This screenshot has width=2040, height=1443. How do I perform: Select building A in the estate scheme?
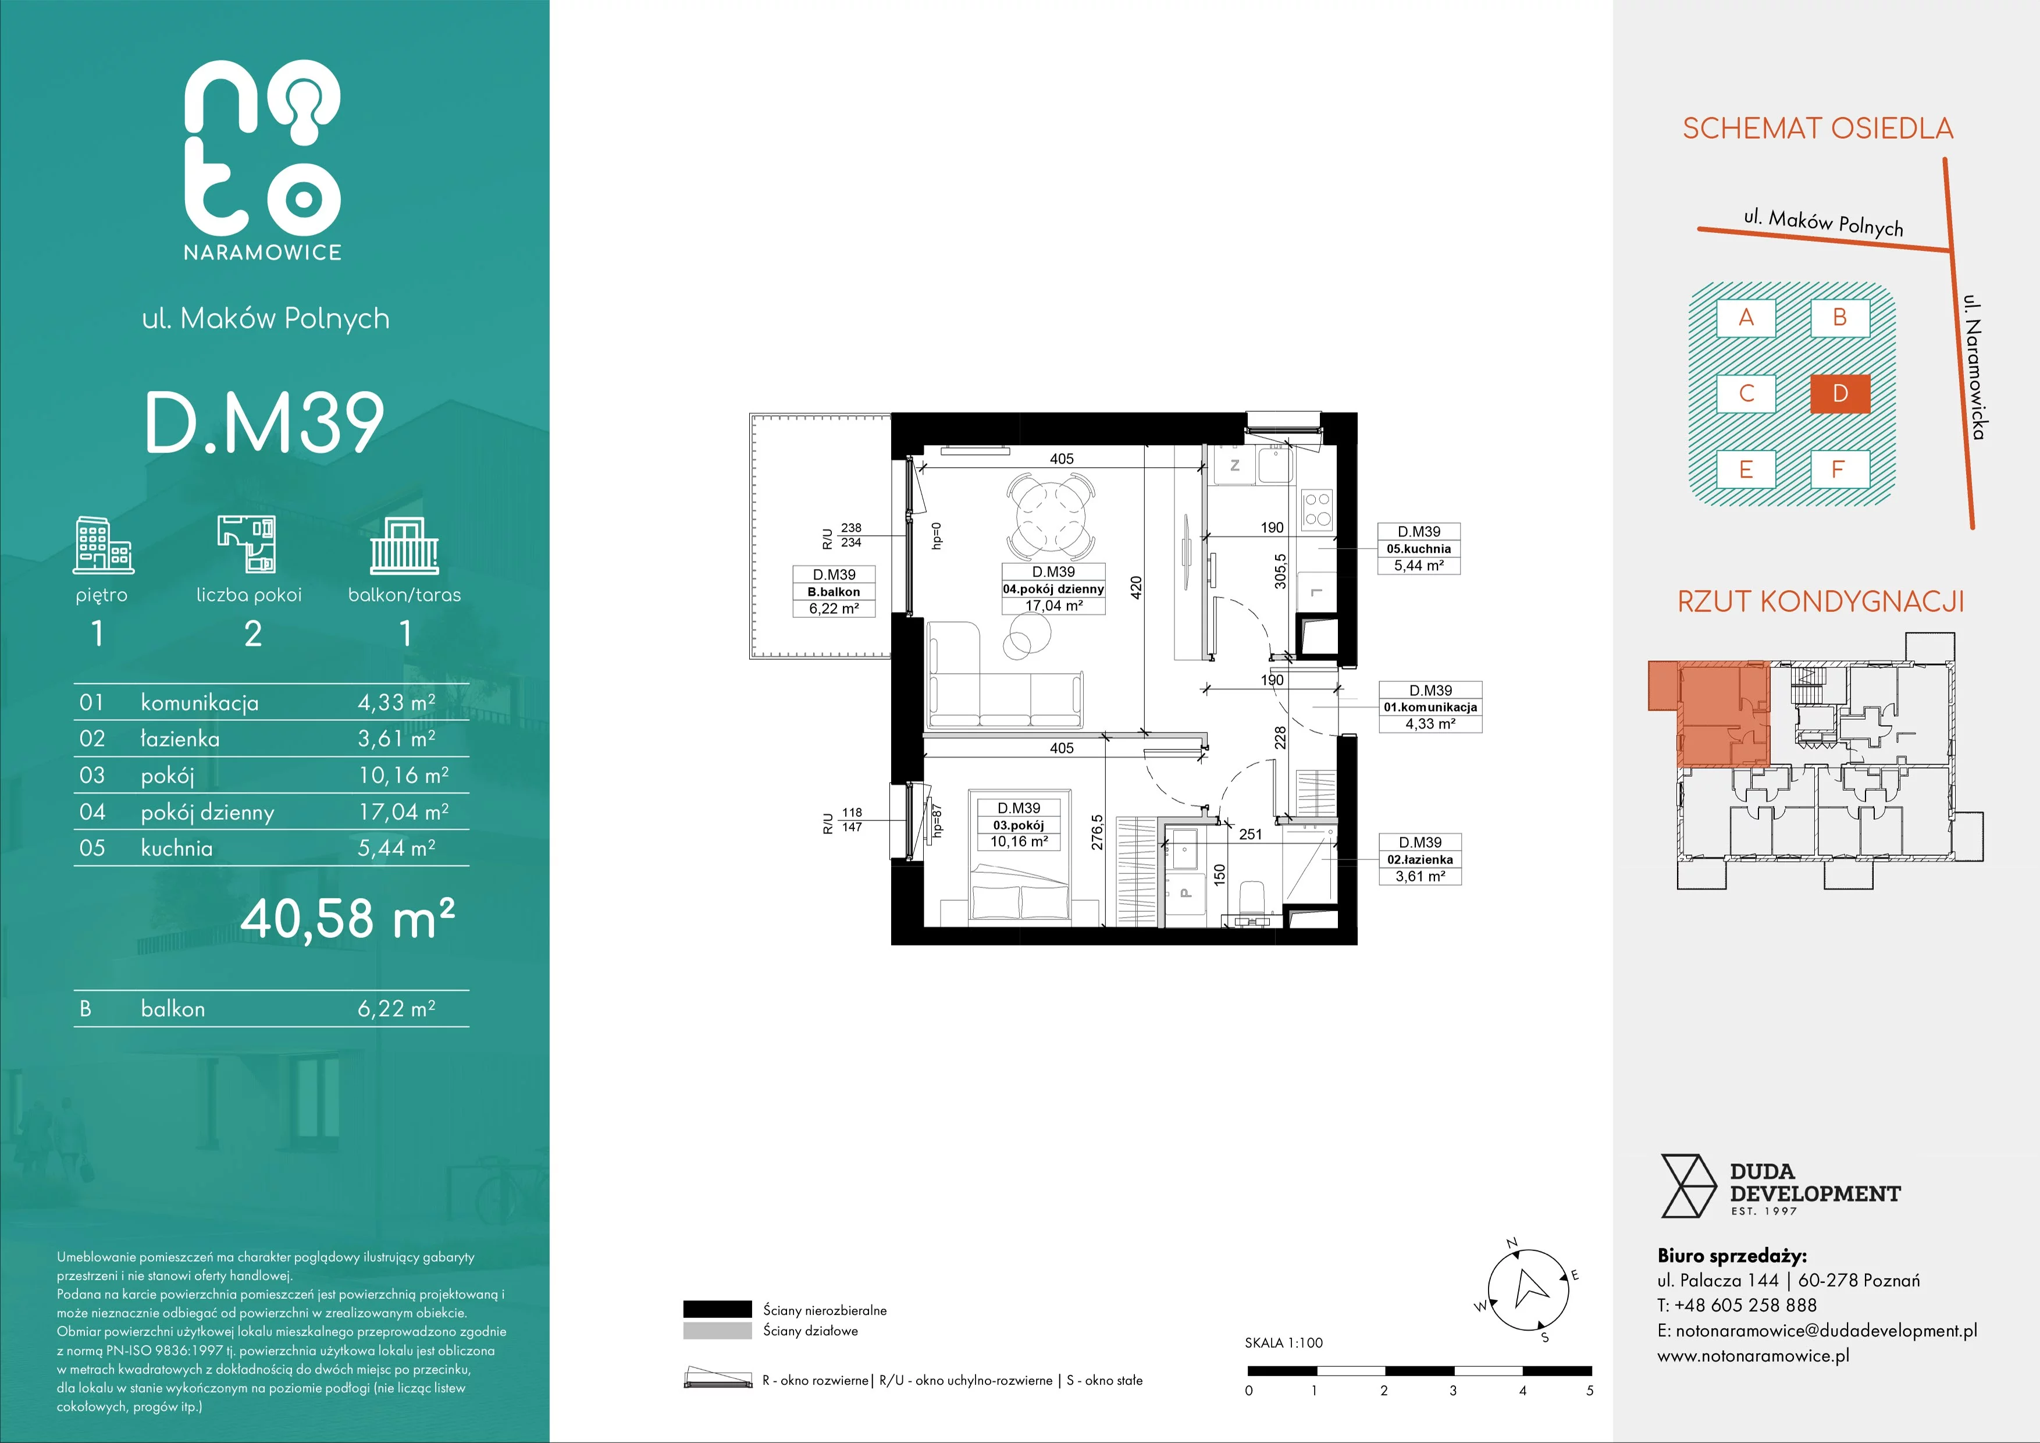(1746, 317)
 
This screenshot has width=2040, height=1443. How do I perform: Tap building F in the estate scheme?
(1840, 469)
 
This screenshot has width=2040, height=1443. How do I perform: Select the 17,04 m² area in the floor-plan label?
(1054, 606)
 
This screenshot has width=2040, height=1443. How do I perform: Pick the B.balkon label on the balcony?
(834, 592)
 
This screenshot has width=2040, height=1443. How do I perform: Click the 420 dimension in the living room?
(1135, 587)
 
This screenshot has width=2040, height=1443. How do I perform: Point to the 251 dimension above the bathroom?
(1250, 834)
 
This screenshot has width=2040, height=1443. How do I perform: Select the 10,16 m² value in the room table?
(403, 776)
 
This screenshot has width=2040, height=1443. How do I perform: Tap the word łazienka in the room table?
(180, 740)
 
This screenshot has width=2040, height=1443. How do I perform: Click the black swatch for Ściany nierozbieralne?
(717, 1309)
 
